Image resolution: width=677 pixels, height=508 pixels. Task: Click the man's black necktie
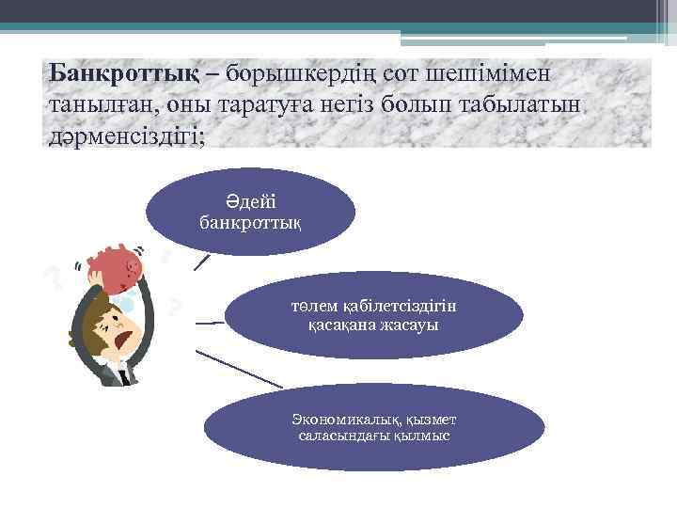point(123,373)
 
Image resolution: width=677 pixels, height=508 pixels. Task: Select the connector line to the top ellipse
point(201,261)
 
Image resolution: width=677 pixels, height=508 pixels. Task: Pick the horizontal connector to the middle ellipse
point(210,323)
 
